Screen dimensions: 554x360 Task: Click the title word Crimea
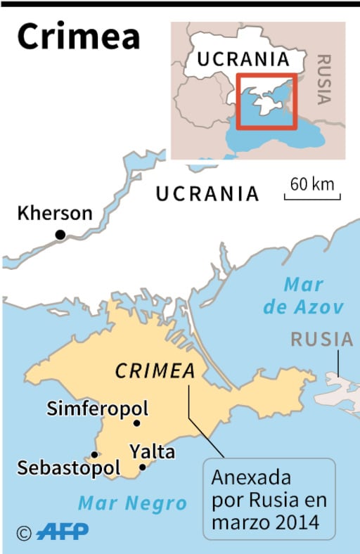(78, 37)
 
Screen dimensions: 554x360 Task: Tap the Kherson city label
(54, 213)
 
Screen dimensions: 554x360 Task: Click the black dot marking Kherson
(60, 235)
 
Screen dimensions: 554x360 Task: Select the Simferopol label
(98, 408)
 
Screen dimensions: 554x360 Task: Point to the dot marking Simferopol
(136, 423)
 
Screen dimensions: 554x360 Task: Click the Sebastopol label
(69, 468)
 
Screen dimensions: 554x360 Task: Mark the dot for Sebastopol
(95, 455)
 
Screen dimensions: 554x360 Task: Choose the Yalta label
(152, 451)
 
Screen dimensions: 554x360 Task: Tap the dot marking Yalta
(142, 467)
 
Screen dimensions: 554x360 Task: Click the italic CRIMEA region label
(154, 371)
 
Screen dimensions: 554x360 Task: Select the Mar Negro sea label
(132, 503)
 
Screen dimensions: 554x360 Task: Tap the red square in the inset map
(266, 101)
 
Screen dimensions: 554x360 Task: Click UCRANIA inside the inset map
(243, 59)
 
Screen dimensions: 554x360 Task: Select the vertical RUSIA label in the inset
(324, 78)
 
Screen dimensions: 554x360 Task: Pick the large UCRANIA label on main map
(207, 194)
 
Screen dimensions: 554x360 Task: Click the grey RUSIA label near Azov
(322, 340)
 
